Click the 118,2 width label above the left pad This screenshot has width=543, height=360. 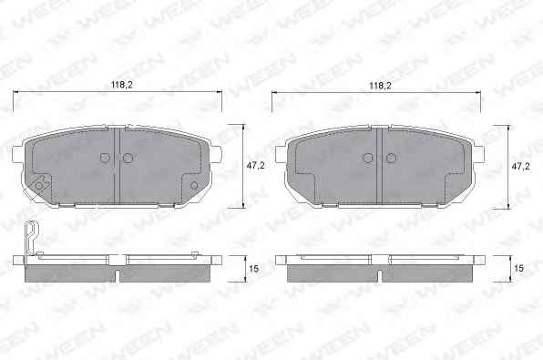(121, 85)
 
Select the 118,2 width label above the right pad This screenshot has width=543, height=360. (380, 86)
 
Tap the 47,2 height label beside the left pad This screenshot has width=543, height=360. (256, 166)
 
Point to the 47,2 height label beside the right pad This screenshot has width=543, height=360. (521, 166)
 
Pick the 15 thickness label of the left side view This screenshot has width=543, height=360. (254, 269)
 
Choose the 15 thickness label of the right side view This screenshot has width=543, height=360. (518, 269)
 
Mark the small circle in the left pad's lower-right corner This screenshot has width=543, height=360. (194, 185)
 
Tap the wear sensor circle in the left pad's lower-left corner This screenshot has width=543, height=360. (39, 185)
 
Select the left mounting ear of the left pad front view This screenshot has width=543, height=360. (17, 155)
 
